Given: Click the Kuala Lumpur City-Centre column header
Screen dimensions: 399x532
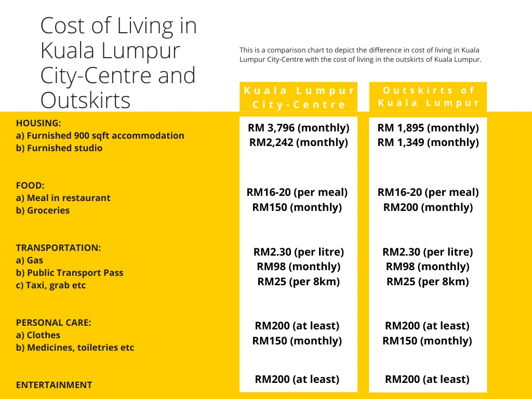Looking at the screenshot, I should tap(299, 97).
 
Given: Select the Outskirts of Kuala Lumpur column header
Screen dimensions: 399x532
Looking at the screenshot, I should tap(428, 97).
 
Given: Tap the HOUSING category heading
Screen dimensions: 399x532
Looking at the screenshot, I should tap(38, 123).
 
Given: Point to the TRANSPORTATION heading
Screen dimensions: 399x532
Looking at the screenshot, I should tap(58, 248).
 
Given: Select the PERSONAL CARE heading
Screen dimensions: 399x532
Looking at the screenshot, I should tap(54, 323).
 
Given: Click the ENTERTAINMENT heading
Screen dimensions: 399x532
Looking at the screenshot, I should tap(54, 385).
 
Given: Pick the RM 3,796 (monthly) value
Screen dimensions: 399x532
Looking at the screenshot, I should tap(299, 128).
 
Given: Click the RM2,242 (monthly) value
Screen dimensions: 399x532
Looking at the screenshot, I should tap(299, 142).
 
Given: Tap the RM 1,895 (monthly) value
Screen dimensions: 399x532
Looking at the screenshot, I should tap(428, 128).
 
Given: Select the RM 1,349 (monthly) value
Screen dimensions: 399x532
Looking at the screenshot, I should tap(428, 142).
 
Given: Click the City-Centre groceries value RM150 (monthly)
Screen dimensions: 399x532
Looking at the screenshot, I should tap(297, 207).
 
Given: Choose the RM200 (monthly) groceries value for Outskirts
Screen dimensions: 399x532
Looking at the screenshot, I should tap(428, 207).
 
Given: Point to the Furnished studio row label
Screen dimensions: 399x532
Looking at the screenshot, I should tap(59, 148).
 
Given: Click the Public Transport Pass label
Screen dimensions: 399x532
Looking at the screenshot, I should tap(70, 273).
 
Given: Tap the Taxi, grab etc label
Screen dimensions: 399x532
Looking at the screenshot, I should tap(51, 285).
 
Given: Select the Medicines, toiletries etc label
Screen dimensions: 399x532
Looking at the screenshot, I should tap(75, 348).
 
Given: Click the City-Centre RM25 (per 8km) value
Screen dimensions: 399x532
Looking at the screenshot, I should tap(299, 282).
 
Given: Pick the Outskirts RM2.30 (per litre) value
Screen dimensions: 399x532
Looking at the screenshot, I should tap(428, 252).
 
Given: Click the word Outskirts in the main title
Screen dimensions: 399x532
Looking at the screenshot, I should tap(86, 100).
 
